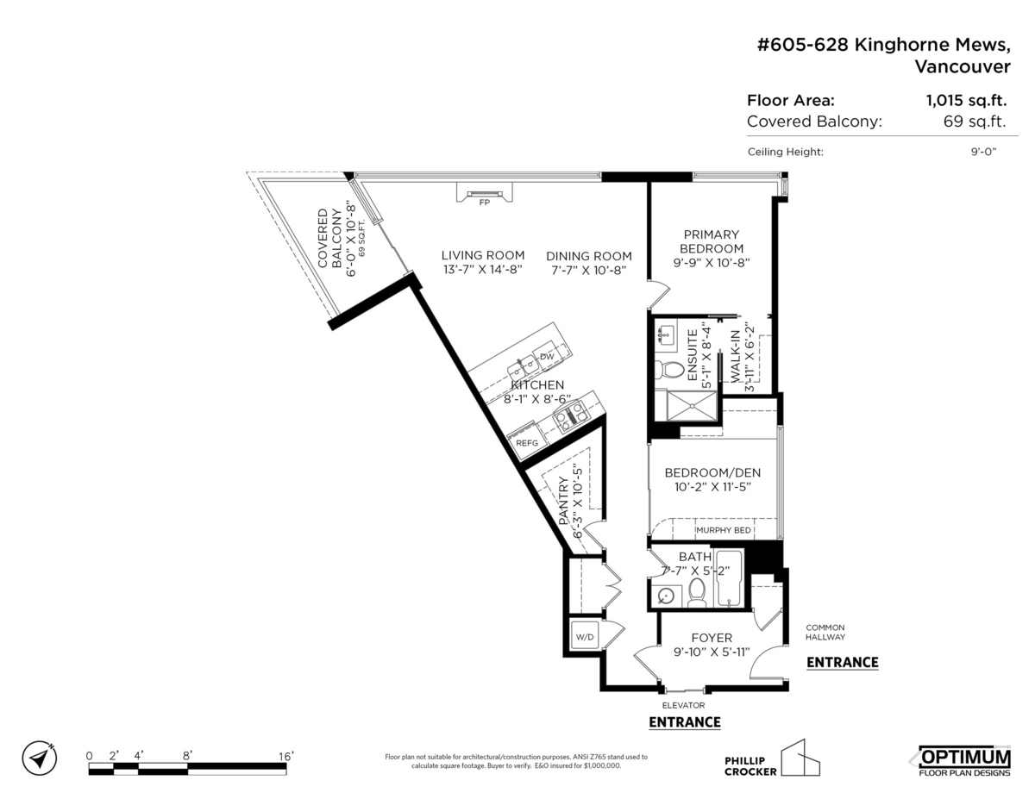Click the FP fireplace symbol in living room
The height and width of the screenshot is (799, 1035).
pos(482,194)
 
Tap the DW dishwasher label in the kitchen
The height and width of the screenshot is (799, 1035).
pos(546,356)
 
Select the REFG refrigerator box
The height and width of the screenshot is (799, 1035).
pos(526,443)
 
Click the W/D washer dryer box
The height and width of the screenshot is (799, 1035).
pos(585,638)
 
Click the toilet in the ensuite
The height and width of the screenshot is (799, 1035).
pos(668,370)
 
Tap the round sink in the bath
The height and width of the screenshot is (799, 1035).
pos(665,595)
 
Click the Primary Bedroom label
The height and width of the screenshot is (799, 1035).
pos(712,241)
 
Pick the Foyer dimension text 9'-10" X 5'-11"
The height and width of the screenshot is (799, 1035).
pos(712,652)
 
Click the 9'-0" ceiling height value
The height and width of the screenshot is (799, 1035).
pos(982,152)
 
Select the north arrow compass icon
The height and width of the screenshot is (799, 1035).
pos(40,758)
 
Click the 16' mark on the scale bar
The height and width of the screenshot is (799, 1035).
pos(285,755)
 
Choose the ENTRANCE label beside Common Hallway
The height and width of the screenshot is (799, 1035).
pos(842,662)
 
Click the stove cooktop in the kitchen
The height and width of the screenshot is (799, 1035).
pos(570,418)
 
